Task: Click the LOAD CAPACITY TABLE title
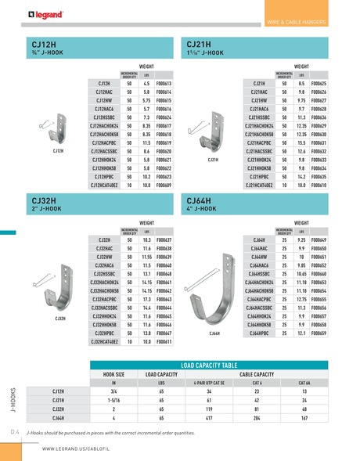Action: [218, 365]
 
